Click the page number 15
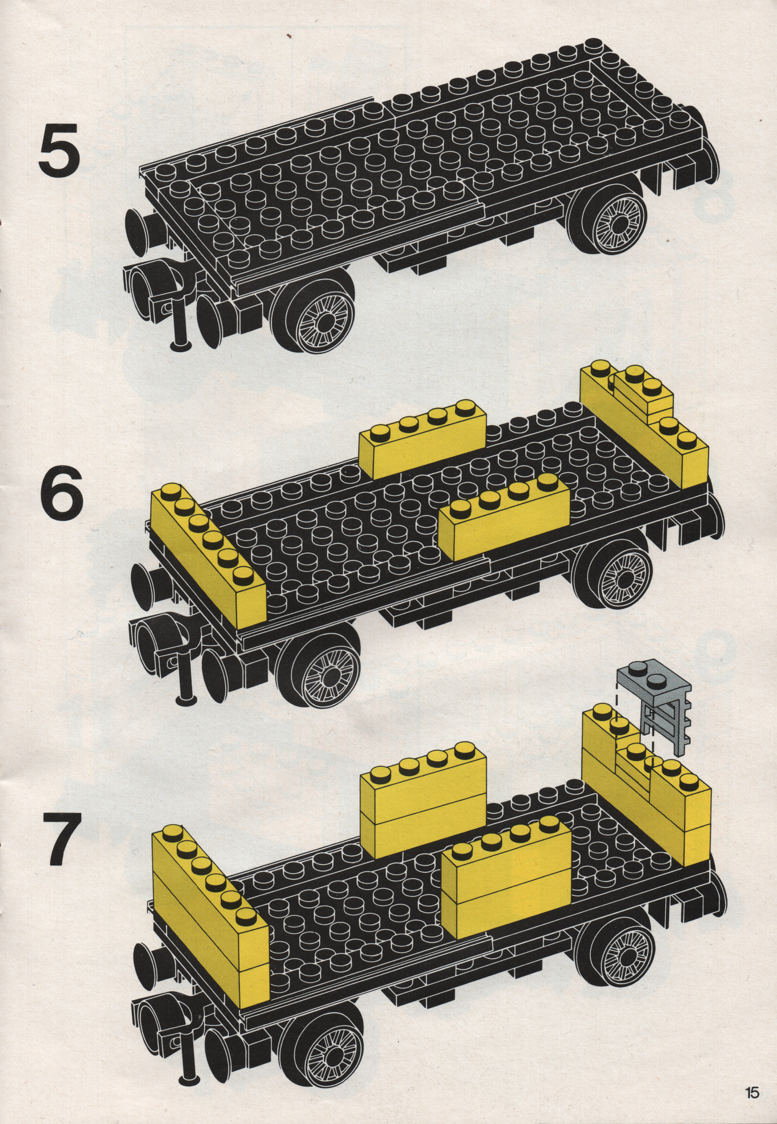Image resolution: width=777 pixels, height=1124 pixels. tap(751, 1090)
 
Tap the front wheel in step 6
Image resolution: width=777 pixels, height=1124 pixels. tap(321, 662)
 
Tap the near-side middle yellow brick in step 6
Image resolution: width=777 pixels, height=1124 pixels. tap(504, 518)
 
